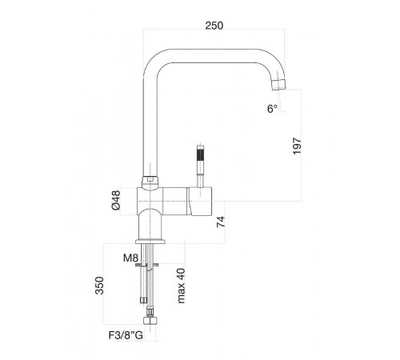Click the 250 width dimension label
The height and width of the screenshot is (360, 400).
click(214, 26)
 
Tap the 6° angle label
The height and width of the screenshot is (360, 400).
click(272, 109)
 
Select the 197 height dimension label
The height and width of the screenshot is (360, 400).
click(297, 146)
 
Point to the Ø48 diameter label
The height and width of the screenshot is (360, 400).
click(116, 200)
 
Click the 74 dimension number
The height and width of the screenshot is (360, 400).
click(221, 222)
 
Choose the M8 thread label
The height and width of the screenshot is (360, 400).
click(130, 258)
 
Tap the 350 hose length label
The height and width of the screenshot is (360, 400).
click(99, 286)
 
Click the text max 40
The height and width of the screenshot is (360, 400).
click(181, 286)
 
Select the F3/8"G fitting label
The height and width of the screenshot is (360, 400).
click(126, 335)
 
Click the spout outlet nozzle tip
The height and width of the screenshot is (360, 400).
click(279, 85)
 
